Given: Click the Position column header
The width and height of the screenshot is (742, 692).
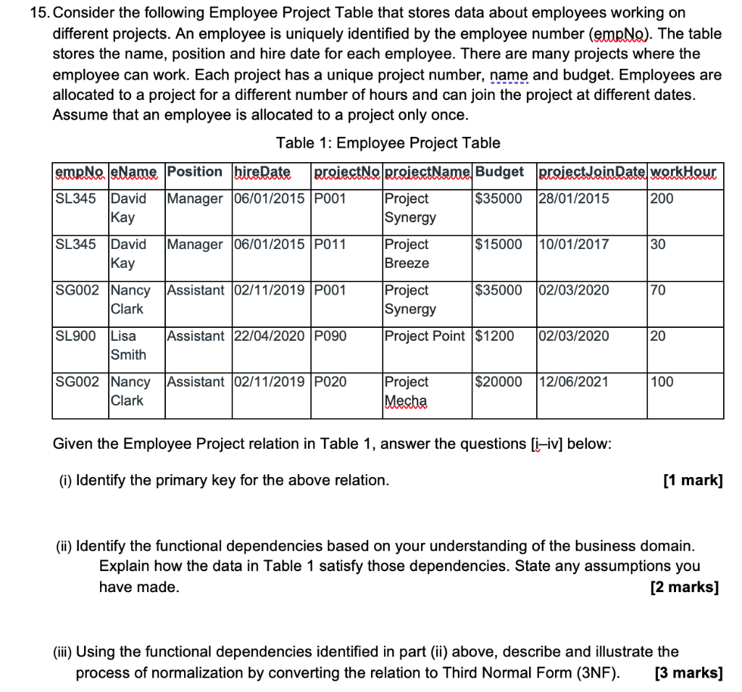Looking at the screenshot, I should click(x=194, y=172).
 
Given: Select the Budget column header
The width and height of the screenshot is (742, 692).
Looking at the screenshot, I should click(x=499, y=172).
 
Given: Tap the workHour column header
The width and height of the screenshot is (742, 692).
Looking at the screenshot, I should click(x=685, y=172).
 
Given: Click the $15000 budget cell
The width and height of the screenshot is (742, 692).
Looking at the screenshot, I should click(x=499, y=245).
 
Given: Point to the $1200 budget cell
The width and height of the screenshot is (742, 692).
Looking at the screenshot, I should click(x=495, y=336).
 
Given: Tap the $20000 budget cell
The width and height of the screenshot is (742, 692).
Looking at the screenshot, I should click(x=499, y=381).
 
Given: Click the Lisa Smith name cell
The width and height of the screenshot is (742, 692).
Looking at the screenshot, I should click(x=128, y=345).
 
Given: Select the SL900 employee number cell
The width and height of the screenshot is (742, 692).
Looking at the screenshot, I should click(x=75, y=336).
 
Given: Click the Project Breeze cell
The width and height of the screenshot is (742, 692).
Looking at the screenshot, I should click(x=407, y=254).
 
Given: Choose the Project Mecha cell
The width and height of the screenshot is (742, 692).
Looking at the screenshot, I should click(x=407, y=391).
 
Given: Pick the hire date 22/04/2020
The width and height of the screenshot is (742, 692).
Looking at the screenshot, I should click(x=270, y=336).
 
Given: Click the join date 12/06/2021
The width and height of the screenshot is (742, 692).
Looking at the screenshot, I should click(x=573, y=381).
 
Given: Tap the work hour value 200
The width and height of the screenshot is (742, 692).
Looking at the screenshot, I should click(x=662, y=198).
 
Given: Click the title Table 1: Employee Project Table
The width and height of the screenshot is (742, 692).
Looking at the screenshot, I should click(x=388, y=143).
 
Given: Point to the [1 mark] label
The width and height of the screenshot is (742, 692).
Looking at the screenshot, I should click(x=693, y=480).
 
